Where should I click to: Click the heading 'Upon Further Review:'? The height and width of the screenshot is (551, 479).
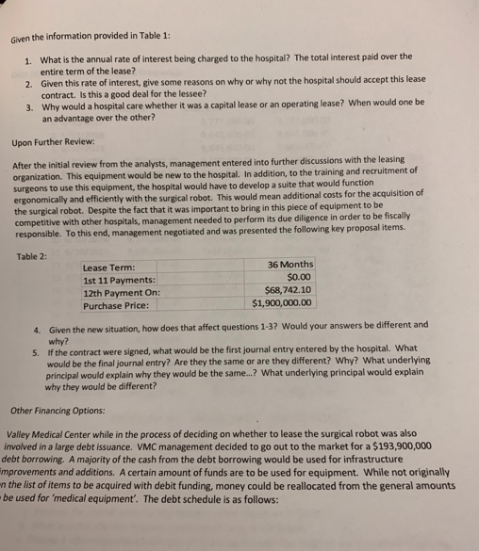(51, 146)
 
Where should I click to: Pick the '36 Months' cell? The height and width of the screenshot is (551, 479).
(290, 264)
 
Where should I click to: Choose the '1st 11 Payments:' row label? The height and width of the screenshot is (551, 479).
(120, 280)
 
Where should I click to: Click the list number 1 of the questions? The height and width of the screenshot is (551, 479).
(29, 60)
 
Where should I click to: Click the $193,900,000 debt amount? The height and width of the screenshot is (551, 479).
(400, 448)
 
